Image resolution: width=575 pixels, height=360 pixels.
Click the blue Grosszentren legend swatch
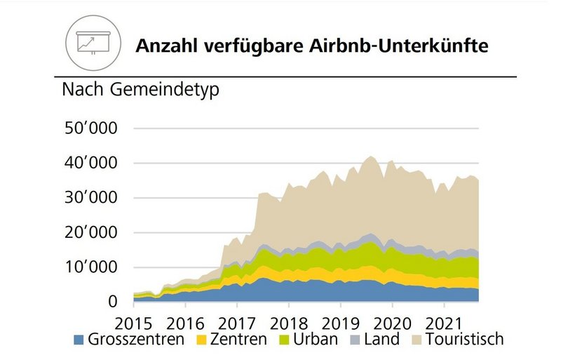coord(78,340)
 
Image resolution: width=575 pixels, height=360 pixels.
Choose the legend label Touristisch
coord(466,340)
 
